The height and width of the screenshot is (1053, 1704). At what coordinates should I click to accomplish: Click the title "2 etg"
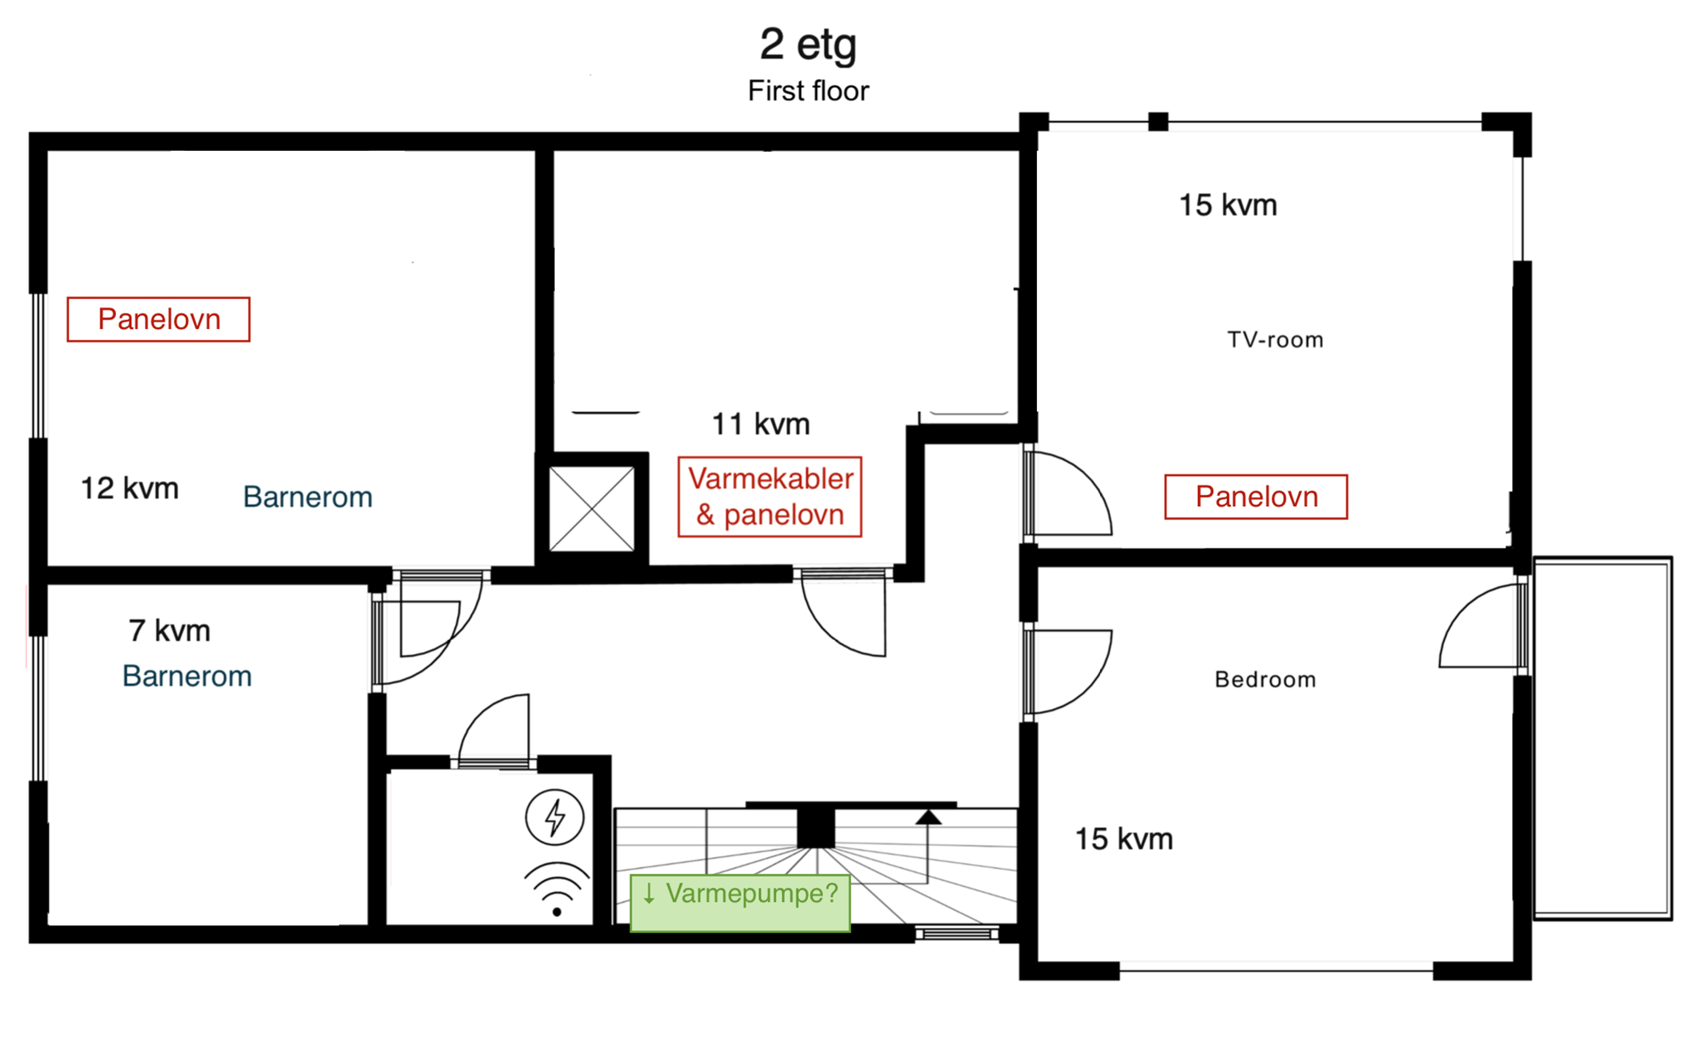tap(808, 44)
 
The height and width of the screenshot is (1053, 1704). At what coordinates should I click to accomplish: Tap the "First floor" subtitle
tap(808, 91)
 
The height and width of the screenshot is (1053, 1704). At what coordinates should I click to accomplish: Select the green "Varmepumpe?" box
tap(740, 902)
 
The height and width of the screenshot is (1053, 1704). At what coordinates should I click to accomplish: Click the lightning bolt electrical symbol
tap(555, 817)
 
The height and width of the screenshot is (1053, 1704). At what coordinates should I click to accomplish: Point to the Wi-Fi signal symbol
tap(556, 889)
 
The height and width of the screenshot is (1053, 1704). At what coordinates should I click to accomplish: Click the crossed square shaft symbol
tap(591, 509)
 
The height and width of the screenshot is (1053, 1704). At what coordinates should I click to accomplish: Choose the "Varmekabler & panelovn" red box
tap(769, 497)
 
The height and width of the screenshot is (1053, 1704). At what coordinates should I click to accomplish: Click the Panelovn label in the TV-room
tap(1256, 497)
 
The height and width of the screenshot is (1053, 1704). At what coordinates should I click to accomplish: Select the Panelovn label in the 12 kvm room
tap(158, 319)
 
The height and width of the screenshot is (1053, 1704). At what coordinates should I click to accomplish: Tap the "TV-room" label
tap(1275, 340)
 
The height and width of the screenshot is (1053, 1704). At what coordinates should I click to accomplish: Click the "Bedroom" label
tap(1265, 679)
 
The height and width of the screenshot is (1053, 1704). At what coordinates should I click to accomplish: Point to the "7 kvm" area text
tap(170, 630)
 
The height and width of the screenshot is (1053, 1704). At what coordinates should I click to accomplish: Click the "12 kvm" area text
tap(130, 488)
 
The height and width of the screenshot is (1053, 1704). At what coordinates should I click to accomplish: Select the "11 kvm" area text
tap(761, 423)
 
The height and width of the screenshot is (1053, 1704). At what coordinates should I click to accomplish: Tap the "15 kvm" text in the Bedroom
tap(1124, 839)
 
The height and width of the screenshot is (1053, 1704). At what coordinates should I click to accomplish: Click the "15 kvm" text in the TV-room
tap(1228, 205)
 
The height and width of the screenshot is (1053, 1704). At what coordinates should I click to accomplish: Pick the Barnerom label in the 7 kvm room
tap(187, 676)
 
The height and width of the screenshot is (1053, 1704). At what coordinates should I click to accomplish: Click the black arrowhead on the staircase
tap(929, 817)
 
